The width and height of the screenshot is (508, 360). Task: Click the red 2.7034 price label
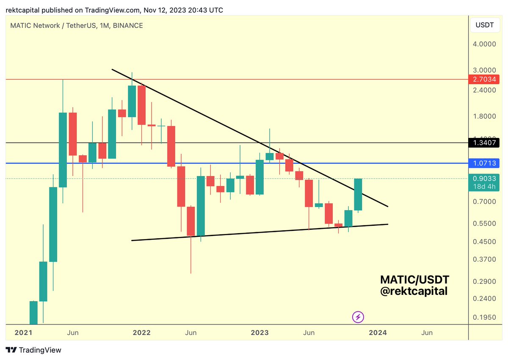485,79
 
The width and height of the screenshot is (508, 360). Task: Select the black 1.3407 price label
485,143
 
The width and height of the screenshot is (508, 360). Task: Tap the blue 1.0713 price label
485,163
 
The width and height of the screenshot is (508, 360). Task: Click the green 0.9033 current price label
485,179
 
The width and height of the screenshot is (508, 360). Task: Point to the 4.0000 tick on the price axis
485,44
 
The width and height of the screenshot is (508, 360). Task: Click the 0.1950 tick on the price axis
485,317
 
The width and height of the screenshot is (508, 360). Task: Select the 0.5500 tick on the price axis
485,223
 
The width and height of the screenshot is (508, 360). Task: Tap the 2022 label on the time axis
141,333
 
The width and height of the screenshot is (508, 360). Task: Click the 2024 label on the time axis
378,333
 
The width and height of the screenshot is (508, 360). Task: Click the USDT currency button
485,25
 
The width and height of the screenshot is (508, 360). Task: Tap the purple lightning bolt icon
358,317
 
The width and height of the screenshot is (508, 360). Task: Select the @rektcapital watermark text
414,291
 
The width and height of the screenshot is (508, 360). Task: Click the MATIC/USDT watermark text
414,280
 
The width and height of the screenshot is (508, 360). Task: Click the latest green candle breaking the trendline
358,195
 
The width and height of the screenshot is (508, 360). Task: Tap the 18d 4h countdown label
485,187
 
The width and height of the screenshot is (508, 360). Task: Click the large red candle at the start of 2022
141,105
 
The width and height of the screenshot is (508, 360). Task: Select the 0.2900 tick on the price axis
485,281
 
